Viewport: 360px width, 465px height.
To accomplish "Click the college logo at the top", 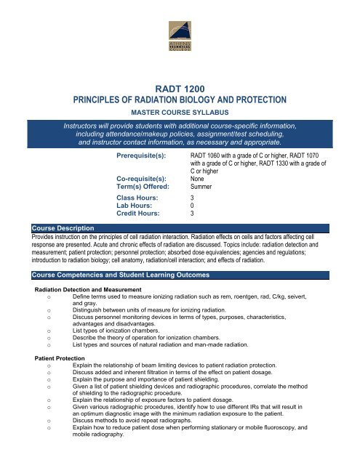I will pyautogui.click(x=179, y=36).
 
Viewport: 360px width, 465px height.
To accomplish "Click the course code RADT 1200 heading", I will pyautogui.click(x=180, y=85).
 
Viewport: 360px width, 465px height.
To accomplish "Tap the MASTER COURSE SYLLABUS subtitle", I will pyautogui.click(x=180, y=114).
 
